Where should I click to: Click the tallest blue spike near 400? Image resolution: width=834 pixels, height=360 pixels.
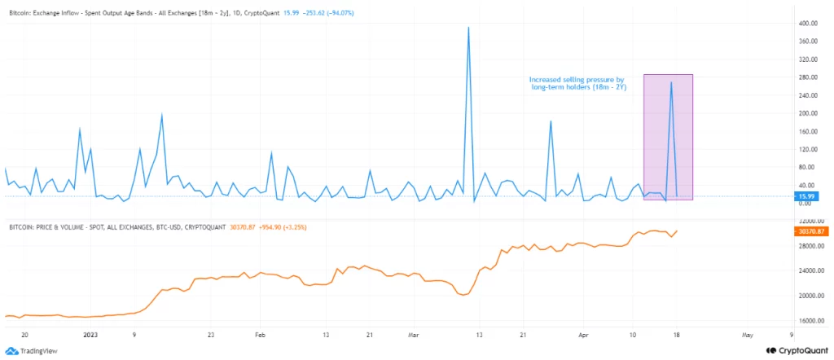click(x=468, y=28)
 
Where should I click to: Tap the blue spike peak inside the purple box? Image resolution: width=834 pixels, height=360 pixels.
click(x=671, y=82)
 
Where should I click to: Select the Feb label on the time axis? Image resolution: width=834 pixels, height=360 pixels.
click(x=260, y=334)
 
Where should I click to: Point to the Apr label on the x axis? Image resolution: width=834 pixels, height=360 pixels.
click(x=583, y=334)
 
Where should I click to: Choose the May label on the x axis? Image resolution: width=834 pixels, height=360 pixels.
click(x=747, y=334)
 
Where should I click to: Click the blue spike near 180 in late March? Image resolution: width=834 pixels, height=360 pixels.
click(x=551, y=121)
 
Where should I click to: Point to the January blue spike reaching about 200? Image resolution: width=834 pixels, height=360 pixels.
click(x=162, y=115)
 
